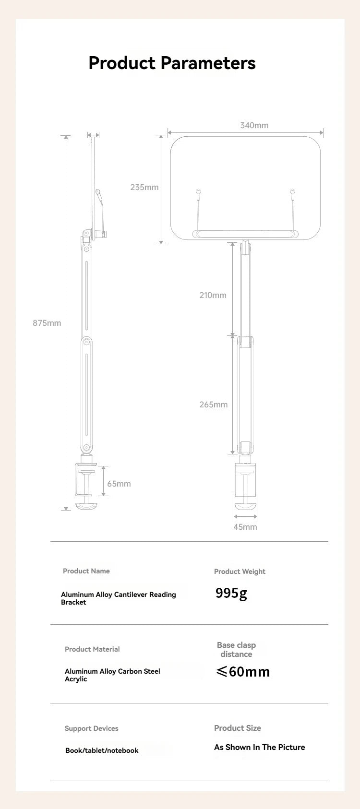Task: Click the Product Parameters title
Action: (172, 63)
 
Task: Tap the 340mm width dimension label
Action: (254, 125)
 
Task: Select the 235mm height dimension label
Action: (144, 187)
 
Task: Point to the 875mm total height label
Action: (47, 323)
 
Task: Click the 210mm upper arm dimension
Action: (213, 295)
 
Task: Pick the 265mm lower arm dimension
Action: (214, 404)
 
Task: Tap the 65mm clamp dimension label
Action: (119, 484)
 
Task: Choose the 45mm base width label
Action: (245, 527)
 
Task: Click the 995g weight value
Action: (231, 594)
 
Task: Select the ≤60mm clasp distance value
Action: (243, 671)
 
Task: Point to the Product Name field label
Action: (86, 571)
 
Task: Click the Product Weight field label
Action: (240, 571)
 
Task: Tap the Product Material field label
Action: (92, 649)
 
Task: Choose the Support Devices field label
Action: (92, 728)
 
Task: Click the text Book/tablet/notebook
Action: (102, 750)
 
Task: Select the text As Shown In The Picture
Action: (260, 747)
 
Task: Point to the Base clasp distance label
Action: (236, 650)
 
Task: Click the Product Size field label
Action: (238, 728)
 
